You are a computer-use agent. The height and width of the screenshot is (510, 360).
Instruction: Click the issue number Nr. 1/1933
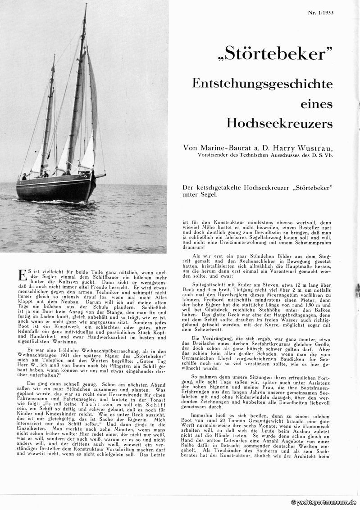click(x=328, y=12)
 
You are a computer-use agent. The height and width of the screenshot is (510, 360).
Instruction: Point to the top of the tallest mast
click(x=86, y=5)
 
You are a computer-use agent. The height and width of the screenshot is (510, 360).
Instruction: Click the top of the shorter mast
click(x=54, y=56)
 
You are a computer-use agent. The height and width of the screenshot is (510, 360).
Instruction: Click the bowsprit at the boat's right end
click(x=101, y=176)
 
